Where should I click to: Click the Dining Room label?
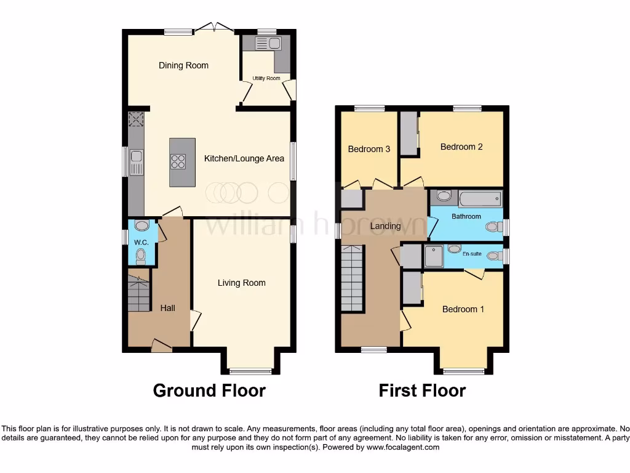point(183,65)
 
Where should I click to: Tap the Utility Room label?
point(266,78)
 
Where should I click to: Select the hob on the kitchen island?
point(178,161)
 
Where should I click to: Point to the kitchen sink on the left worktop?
point(135,162)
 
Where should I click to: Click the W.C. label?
point(141,242)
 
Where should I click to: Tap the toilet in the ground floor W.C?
point(141,254)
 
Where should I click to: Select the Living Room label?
point(241,283)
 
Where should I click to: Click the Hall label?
point(168,307)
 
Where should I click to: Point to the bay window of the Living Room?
point(250,371)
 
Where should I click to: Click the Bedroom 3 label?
point(369,149)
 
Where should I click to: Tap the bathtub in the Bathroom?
point(480,198)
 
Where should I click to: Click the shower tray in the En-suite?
point(434,256)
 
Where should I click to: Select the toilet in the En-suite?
point(493,256)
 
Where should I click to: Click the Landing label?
point(385,226)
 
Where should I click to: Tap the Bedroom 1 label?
point(463,309)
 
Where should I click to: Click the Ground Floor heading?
point(209,390)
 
